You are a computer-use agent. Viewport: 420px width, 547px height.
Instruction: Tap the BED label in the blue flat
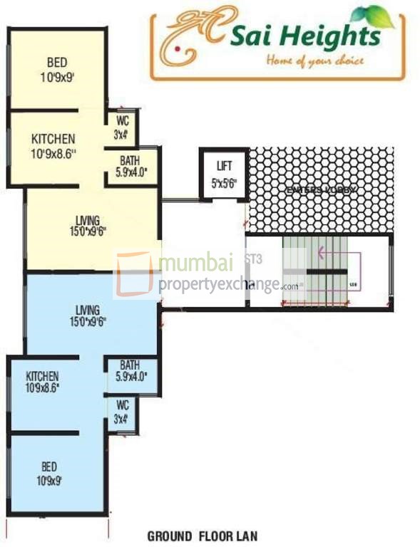pos(49,467)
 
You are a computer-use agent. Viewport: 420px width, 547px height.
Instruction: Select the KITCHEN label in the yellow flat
pos(53,138)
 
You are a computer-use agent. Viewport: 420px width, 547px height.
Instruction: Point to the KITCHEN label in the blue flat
pos(43,376)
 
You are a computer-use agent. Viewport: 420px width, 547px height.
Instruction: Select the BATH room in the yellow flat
pos(129,166)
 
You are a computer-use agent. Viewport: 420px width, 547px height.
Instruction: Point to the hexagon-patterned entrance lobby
pos(321,188)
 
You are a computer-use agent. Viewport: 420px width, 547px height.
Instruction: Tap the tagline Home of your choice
pos(314,61)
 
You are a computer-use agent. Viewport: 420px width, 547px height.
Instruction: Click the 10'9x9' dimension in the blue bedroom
pos(49,480)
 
